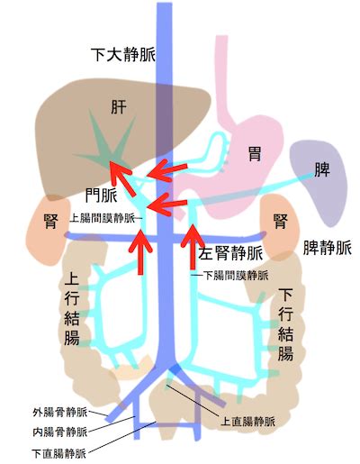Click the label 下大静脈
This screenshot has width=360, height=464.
pos(123,54)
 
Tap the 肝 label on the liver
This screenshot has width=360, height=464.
pos(119,107)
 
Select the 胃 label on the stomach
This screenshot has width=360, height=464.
pos(255,153)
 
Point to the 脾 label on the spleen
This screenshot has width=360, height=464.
pos(322,169)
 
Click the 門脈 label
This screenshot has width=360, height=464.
pos(102,196)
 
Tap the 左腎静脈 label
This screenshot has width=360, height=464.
pos(230,253)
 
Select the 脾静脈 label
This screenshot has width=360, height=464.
pos(327,249)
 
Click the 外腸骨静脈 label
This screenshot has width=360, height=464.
pos(59,412)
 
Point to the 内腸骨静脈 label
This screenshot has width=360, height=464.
pos(59,432)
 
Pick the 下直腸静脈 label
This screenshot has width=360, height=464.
pos(58,453)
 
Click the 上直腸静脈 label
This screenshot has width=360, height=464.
pos(247,422)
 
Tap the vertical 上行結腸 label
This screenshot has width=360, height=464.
pos(72,308)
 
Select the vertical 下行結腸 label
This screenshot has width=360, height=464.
pos(285,324)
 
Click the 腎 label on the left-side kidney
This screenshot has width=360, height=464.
pos(50,222)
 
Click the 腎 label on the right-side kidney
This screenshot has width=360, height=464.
pos(281,222)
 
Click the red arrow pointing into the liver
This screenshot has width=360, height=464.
pos(121,175)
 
